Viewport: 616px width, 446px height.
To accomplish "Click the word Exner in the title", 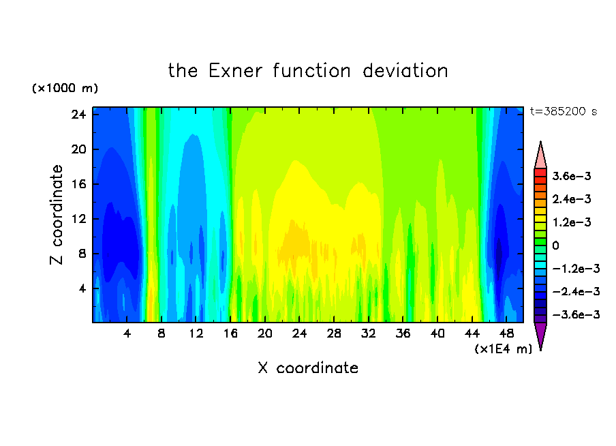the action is [x=235, y=71].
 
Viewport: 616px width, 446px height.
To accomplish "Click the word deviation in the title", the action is [x=405, y=71].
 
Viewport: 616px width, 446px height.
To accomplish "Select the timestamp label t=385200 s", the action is [x=564, y=112].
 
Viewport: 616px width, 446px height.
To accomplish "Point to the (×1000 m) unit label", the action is [x=65, y=88].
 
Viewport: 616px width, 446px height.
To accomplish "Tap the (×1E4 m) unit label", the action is [x=504, y=349].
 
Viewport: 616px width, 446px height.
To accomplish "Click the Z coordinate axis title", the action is [x=57, y=215].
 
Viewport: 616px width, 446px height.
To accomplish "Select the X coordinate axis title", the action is [x=308, y=368].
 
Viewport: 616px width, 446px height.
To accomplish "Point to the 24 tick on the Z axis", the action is [x=78, y=115].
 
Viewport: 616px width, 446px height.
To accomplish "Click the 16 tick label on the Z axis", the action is [x=78, y=184].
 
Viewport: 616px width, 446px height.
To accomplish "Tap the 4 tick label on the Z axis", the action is [x=82, y=288].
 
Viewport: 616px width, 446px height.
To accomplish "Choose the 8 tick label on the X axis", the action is [x=161, y=334].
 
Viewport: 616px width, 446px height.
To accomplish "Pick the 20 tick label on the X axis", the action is [x=265, y=334].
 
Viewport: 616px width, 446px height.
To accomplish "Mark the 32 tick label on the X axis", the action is [x=369, y=334].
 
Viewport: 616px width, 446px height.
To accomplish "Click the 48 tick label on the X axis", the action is [x=506, y=334].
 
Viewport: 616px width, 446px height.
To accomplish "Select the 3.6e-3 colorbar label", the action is [x=572, y=176].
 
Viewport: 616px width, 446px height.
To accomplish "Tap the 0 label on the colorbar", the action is [x=555, y=246].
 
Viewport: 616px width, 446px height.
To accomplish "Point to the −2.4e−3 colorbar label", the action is [x=576, y=292].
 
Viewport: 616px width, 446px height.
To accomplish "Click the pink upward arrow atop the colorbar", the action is [x=540, y=155].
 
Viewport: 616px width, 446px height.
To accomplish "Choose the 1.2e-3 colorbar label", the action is [x=572, y=222].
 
